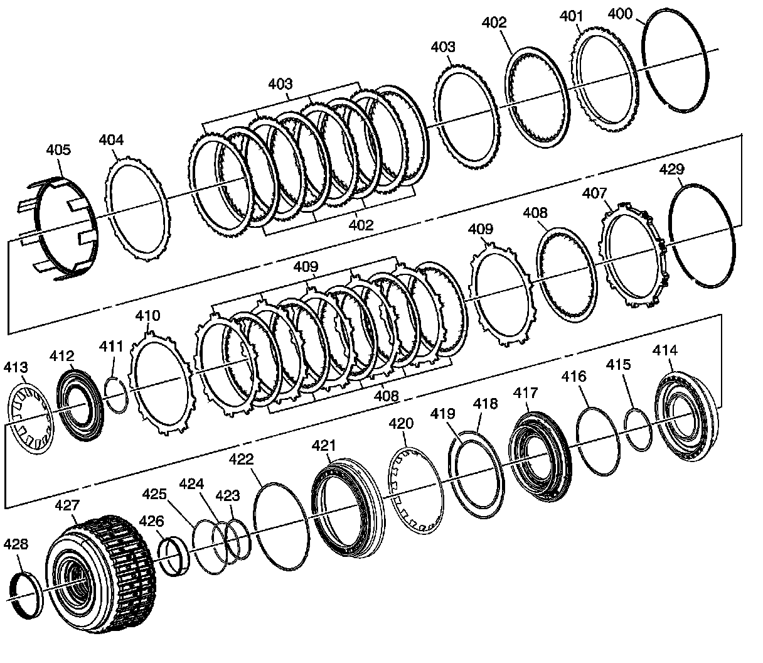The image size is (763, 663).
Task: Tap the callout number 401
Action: click(571, 17)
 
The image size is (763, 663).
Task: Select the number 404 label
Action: click(111, 141)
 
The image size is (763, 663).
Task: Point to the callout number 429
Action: click(672, 170)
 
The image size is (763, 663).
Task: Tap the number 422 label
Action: click(241, 460)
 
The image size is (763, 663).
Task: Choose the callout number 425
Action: click(154, 495)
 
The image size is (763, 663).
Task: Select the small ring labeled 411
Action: click(116, 394)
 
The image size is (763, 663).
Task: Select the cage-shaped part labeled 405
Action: click(60, 230)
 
